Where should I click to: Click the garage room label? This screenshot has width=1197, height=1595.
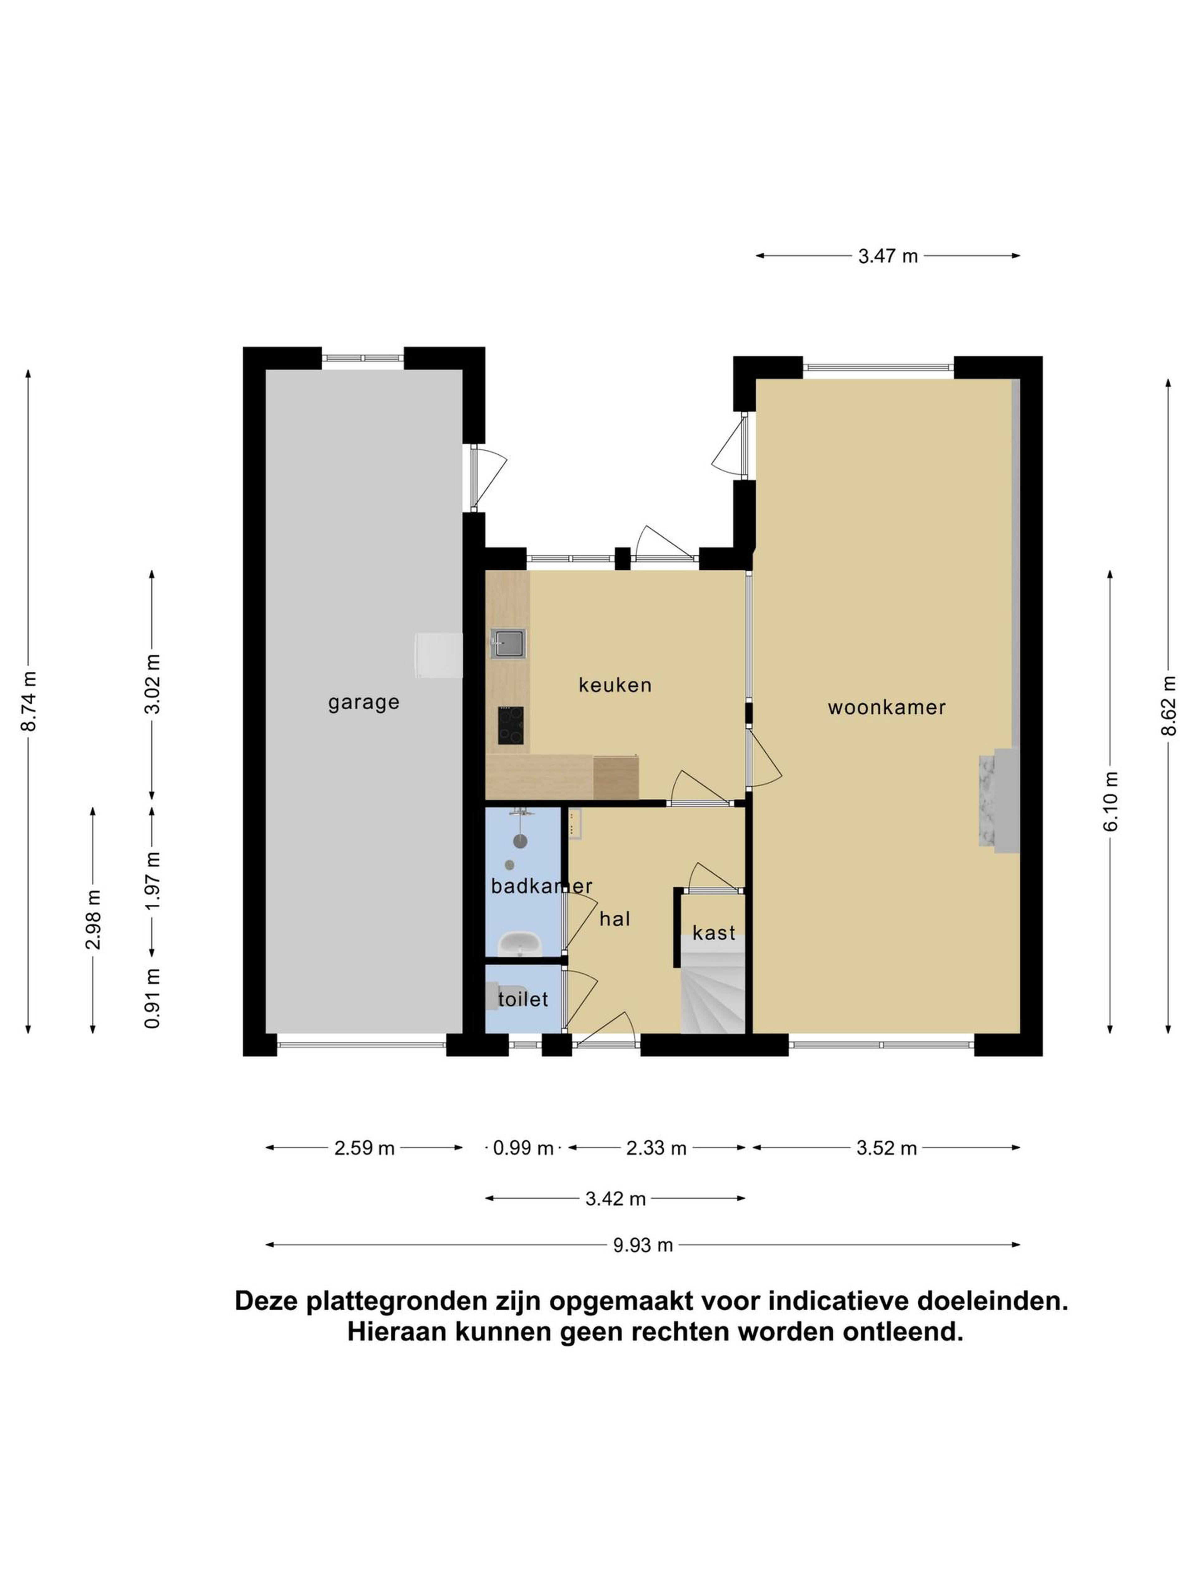(364, 702)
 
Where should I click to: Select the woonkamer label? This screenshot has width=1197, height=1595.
(887, 707)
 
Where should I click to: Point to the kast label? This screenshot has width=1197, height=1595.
(714, 933)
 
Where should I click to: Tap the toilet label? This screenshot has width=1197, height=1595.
(523, 999)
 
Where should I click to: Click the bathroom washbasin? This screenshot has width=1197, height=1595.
(520, 943)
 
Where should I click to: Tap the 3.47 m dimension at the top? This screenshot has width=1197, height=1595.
(887, 256)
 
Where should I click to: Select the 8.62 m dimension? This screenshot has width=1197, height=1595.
(1169, 706)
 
